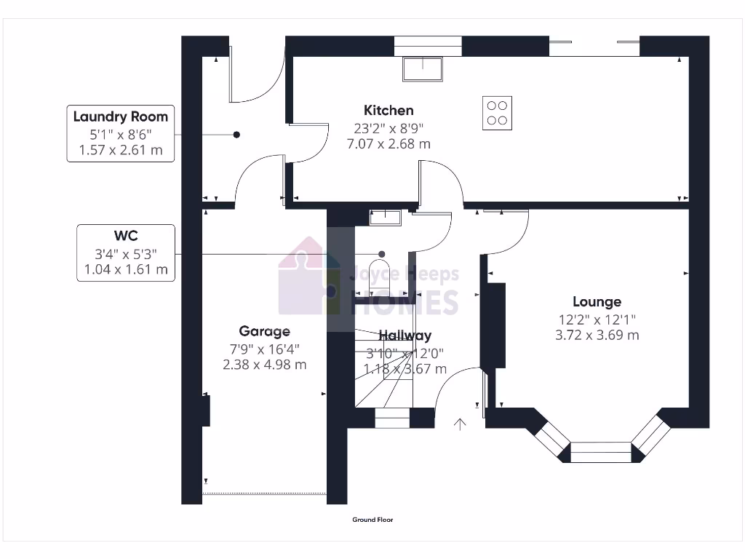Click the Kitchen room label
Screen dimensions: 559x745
click(x=389, y=111)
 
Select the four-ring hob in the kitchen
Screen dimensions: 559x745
click(x=497, y=113)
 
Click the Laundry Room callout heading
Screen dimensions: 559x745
click(x=121, y=116)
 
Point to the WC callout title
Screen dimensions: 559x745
click(x=126, y=236)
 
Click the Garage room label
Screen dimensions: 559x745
click(x=264, y=331)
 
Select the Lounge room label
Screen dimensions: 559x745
click(x=597, y=301)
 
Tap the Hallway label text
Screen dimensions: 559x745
click(x=405, y=336)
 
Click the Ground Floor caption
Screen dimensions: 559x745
click(x=372, y=520)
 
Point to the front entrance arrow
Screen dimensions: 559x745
click(x=459, y=424)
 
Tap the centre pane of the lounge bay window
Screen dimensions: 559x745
click(x=600, y=452)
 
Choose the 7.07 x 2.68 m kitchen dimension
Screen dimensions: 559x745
click(x=389, y=144)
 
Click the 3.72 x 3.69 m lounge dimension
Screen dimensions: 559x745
click(x=597, y=335)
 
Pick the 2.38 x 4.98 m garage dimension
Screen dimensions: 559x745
click(x=264, y=364)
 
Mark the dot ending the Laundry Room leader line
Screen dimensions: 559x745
click(x=236, y=135)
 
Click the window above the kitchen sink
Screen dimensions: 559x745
click(x=428, y=46)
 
